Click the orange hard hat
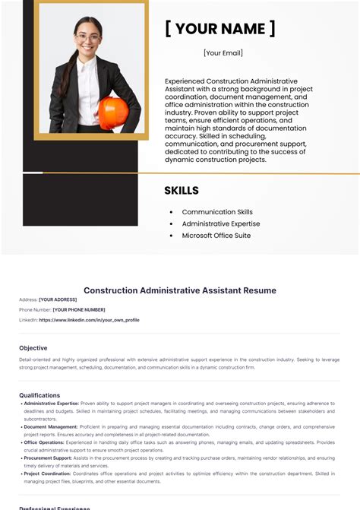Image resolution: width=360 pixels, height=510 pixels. [113, 111]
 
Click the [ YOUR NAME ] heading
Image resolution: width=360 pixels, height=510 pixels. [220, 29]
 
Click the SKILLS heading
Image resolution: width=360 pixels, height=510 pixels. [182, 191]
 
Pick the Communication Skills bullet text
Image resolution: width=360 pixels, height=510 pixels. [217, 212]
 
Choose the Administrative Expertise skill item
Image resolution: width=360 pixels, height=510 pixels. [221, 223]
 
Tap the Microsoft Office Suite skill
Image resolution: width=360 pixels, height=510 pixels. [216, 236]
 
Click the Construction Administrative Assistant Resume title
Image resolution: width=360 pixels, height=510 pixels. [180, 290]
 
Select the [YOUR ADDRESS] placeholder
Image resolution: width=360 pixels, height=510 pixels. [58, 299]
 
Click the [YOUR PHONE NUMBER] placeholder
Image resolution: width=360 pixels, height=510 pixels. [79, 309]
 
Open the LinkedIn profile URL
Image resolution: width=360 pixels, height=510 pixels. [89, 320]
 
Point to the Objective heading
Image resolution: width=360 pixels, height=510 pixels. [33, 348]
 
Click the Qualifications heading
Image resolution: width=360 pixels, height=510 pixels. [39, 395]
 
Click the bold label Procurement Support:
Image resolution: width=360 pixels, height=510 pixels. [48, 458]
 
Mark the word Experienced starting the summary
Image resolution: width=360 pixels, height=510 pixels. [183, 81]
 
